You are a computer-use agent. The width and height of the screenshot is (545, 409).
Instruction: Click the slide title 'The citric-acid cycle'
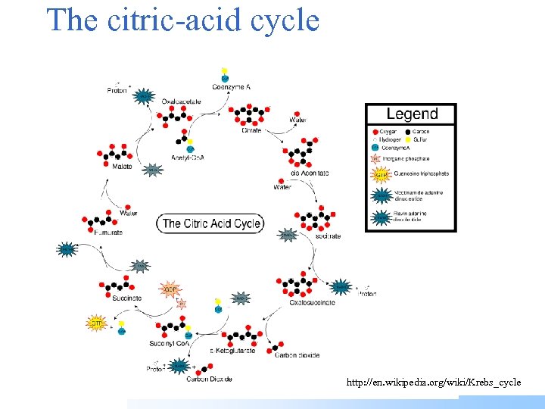point(182,20)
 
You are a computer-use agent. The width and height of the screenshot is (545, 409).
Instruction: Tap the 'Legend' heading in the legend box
point(412,114)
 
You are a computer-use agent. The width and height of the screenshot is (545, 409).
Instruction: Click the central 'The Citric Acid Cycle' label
point(211,223)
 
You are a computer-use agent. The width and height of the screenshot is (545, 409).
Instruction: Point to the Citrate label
point(252,130)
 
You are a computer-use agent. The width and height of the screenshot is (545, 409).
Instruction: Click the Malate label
point(121,166)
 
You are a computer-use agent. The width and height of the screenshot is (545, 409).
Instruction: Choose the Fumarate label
point(108,233)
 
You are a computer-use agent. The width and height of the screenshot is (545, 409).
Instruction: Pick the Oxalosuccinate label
point(313,302)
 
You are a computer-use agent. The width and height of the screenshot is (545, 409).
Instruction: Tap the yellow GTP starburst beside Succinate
point(97,323)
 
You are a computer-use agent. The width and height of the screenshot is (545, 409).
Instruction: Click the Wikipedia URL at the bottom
point(434,382)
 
